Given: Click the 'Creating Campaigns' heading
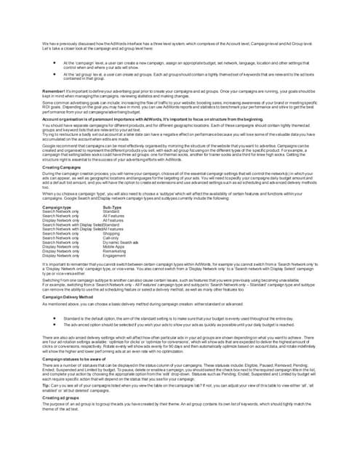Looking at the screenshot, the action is [x=61, y=167].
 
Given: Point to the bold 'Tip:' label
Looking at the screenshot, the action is [x=46, y=384].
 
